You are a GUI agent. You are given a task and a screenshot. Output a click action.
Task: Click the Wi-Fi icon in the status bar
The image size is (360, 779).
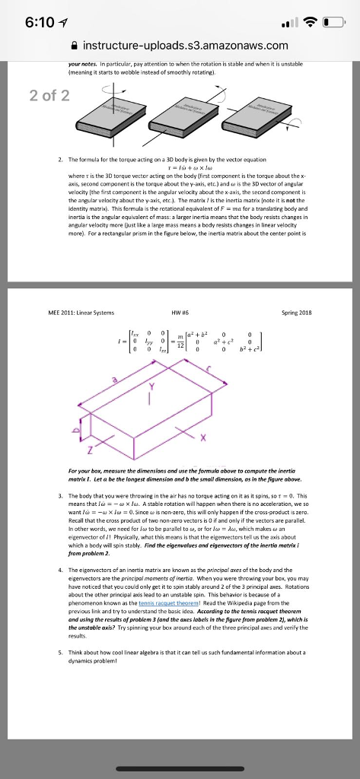314,21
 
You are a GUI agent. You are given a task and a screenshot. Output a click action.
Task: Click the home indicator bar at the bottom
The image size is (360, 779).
180,769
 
